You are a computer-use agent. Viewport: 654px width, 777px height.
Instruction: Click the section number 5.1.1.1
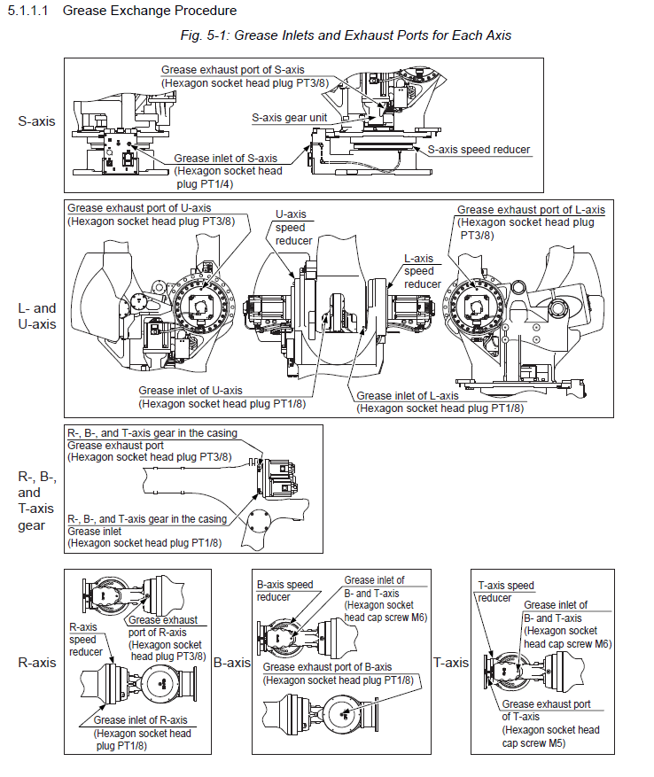tap(30, 11)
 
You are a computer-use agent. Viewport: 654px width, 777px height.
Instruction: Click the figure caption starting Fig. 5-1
tap(346, 35)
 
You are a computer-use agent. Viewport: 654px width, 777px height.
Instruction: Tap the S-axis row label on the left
tap(36, 120)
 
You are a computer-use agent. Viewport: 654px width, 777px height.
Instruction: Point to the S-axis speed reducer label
tap(479, 150)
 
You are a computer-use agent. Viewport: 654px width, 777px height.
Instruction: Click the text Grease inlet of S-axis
tap(225, 159)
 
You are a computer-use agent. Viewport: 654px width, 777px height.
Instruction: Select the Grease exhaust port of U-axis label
tap(141, 208)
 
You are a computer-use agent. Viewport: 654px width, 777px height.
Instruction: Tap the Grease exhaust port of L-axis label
tap(531, 210)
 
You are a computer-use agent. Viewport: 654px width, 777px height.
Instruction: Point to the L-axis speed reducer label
tap(419, 271)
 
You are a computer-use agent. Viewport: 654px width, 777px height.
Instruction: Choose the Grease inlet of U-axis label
tap(190, 390)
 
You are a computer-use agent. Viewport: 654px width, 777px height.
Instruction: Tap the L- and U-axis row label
tap(36, 316)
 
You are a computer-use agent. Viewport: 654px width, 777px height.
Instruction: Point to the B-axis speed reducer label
tap(284, 591)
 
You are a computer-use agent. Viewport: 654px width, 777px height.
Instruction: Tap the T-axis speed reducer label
tap(506, 591)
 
